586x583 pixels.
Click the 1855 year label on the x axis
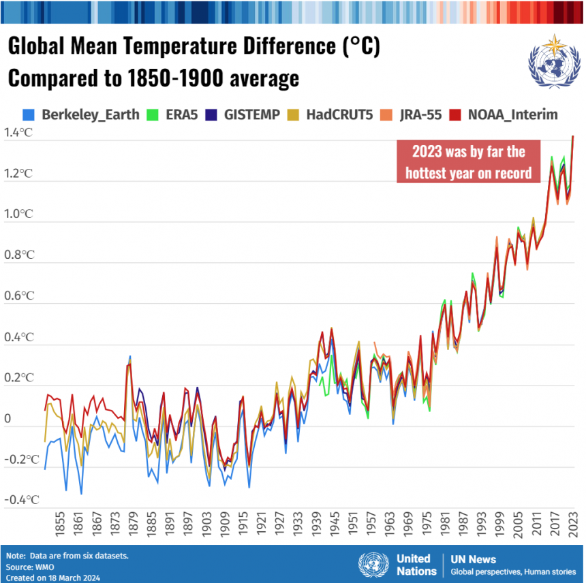click(x=61, y=525)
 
